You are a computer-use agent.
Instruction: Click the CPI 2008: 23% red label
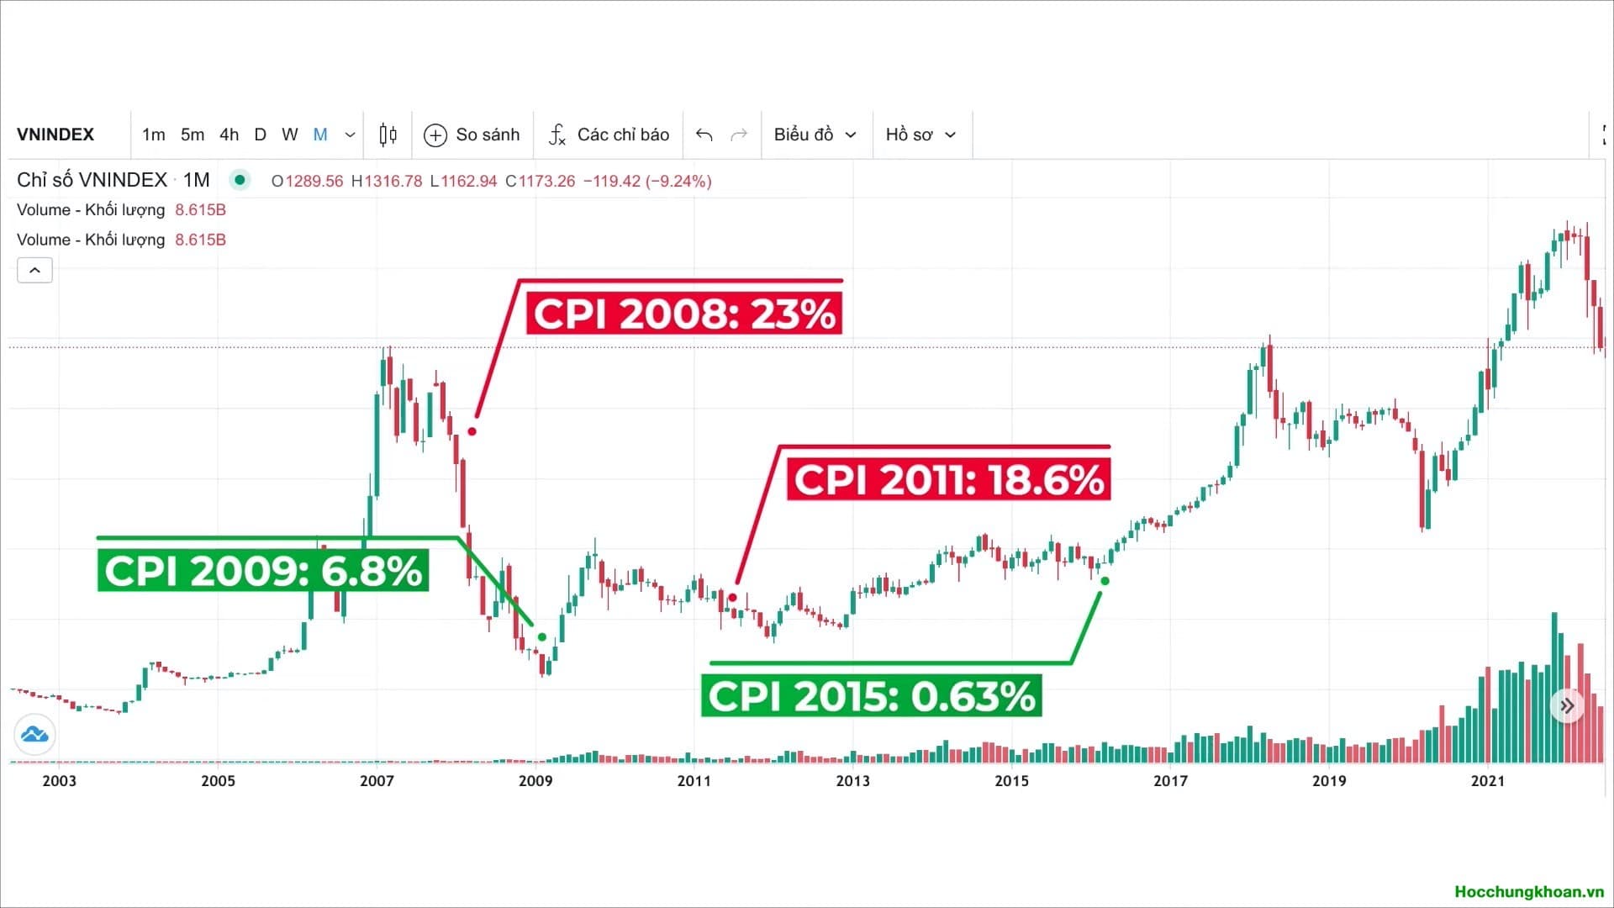click(x=683, y=314)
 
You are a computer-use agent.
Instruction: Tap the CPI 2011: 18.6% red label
click(x=948, y=480)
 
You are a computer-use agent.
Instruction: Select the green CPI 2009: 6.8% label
click(x=263, y=571)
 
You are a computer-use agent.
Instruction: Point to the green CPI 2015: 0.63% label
click(x=872, y=696)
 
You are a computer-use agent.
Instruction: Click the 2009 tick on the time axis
click(x=535, y=781)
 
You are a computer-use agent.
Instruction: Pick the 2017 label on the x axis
click(x=1170, y=781)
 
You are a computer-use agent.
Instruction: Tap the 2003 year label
click(x=59, y=781)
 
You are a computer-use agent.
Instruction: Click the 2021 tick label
click(x=1487, y=781)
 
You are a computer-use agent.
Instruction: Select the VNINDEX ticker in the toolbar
click(x=55, y=135)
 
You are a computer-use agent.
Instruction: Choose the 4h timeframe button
click(x=229, y=135)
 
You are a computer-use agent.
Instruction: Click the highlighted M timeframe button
click(x=320, y=135)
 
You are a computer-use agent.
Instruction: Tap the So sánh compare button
click(x=472, y=135)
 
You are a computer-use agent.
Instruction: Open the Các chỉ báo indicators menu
click(x=609, y=135)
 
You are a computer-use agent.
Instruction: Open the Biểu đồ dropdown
click(x=815, y=135)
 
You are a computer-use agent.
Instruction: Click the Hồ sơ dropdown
click(x=920, y=135)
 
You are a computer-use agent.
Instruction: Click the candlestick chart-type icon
click(x=388, y=135)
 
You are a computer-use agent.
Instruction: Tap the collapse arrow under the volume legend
click(x=34, y=271)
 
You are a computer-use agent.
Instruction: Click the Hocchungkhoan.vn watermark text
click(x=1529, y=892)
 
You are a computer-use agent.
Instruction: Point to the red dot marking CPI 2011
click(x=732, y=598)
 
